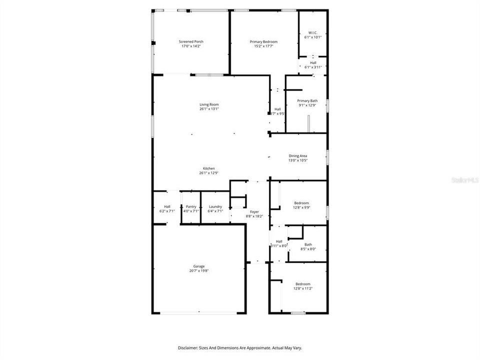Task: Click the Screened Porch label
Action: (191, 41)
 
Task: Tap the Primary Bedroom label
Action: (263, 41)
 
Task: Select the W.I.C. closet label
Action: (313, 32)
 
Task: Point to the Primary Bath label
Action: (307, 100)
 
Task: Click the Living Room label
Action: (209, 104)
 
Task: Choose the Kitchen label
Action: (208, 168)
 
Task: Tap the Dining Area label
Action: (297, 156)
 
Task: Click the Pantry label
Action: (191, 206)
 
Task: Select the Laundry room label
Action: (215, 206)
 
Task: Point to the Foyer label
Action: (254, 212)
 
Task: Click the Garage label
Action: (198, 266)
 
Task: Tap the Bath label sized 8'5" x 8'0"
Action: (308, 244)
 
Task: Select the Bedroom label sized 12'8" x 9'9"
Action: (302, 203)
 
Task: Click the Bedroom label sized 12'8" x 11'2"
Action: (302, 284)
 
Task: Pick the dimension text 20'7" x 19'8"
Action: (198, 271)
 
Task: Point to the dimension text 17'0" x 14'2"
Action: (191, 46)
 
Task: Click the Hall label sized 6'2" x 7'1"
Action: (167, 206)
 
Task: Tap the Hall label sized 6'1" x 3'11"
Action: (313, 62)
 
